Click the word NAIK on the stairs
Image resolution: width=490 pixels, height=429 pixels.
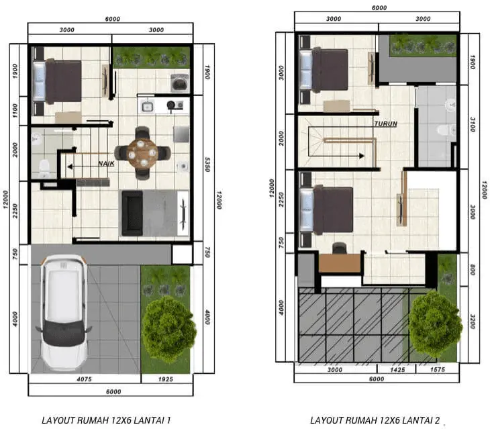coord(106,163)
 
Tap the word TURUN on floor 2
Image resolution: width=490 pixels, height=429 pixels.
coord(386,124)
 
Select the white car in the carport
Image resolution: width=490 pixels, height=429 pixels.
coord(64,312)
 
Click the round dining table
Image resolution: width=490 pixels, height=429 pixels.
coord(142,153)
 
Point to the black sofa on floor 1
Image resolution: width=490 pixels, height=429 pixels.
coord(132,213)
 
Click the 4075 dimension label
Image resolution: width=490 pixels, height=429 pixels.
coord(84,379)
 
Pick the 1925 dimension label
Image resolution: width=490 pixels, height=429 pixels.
coord(165,379)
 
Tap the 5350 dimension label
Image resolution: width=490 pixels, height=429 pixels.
coord(207,164)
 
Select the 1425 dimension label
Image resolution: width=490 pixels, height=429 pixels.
coord(397,370)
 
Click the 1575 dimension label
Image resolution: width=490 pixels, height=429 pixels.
coord(437,370)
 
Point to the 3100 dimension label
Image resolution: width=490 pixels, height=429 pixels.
coord(473,124)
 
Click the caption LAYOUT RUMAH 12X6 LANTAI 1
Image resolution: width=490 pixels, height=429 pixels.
coord(106,420)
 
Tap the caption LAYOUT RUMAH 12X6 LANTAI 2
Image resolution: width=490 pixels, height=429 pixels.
coord(375,420)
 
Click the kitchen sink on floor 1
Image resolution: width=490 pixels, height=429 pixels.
coord(146,107)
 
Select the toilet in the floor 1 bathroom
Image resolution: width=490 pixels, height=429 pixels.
coord(44,169)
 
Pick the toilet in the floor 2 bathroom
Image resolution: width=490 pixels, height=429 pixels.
coord(446,130)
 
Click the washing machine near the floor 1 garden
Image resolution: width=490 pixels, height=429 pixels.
coord(180,83)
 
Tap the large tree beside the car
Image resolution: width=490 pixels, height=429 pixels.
coord(168,328)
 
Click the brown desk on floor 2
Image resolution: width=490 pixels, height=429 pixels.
coord(340,263)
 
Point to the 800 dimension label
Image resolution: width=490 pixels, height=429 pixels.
coord(473,270)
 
